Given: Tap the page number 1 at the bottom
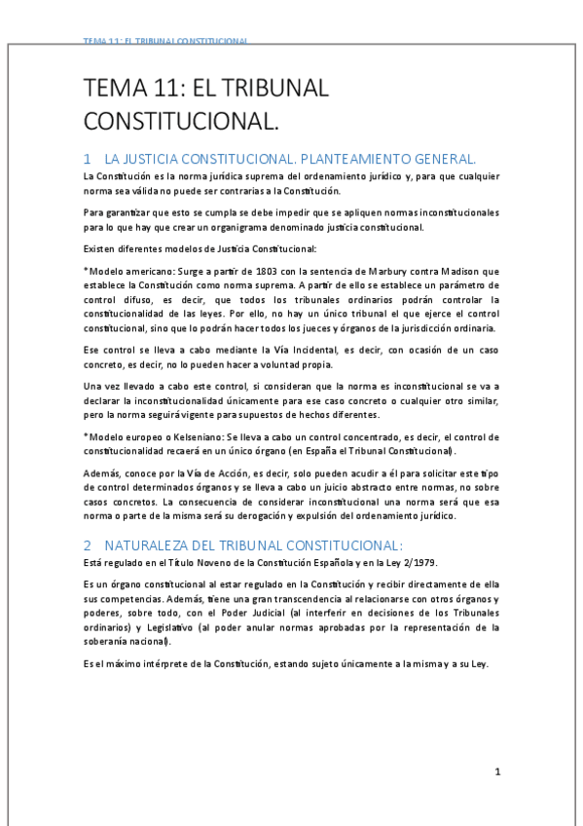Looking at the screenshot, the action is click(497, 772).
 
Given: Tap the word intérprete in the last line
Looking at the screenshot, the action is click(166, 664).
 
